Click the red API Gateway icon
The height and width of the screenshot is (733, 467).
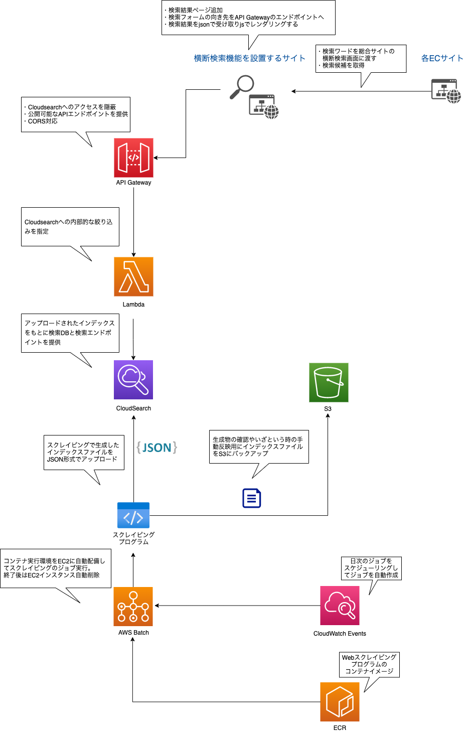(x=133, y=158)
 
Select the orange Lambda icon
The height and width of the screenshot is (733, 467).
(x=133, y=276)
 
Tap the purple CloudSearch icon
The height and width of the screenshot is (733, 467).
(x=133, y=380)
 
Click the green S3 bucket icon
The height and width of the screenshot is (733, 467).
(x=329, y=382)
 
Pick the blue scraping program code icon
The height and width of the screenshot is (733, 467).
(x=133, y=515)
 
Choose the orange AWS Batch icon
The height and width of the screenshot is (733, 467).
(x=133, y=606)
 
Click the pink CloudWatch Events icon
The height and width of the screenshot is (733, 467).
(x=340, y=606)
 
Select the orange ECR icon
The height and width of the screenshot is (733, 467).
(x=340, y=701)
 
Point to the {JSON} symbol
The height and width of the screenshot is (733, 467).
(x=157, y=448)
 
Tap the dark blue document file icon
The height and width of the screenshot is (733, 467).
(x=251, y=498)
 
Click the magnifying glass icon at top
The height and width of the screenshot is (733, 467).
(x=242, y=87)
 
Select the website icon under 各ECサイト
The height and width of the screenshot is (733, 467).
(x=446, y=91)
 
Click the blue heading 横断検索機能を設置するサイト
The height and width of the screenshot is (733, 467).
(x=249, y=58)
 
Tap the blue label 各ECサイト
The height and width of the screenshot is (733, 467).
(x=442, y=58)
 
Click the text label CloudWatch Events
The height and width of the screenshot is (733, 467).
(x=340, y=634)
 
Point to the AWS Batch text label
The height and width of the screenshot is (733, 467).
(x=133, y=633)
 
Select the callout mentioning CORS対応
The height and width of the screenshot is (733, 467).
(x=75, y=114)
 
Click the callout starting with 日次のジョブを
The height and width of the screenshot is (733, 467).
(x=371, y=568)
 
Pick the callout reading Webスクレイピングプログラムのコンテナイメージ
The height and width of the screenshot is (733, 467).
(x=369, y=664)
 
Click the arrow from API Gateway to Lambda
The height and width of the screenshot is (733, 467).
(x=133, y=221)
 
